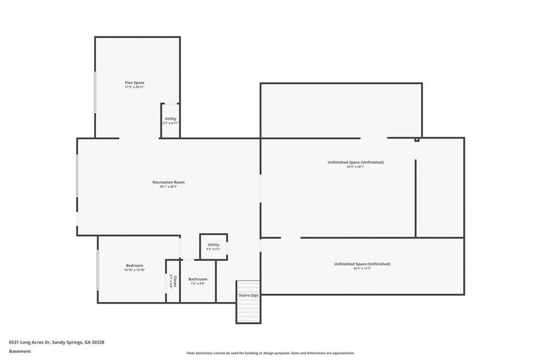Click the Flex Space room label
[x=134, y=82]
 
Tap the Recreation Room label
[x=168, y=182]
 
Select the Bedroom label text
[x=134, y=265]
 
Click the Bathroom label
[x=197, y=279]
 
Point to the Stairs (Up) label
[x=248, y=295]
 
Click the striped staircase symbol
[x=248, y=311]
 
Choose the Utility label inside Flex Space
[x=170, y=118]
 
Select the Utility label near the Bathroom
[x=214, y=244]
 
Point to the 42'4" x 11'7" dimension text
[x=362, y=268]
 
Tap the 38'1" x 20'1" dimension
[x=168, y=187]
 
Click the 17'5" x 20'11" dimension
[x=134, y=87]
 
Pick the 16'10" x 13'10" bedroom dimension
[x=134, y=270]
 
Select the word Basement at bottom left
[x=20, y=351]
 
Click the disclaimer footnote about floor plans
[x=270, y=353]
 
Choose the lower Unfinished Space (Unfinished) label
[x=362, y=263]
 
